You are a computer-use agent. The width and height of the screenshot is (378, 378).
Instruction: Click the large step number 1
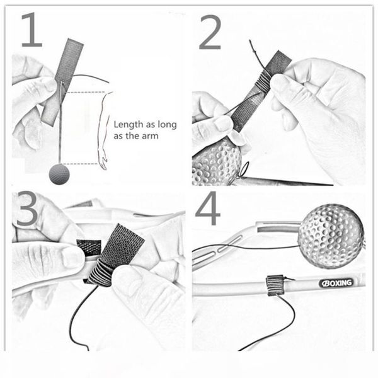[32, 30]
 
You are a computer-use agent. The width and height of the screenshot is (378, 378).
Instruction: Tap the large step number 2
[210, 32]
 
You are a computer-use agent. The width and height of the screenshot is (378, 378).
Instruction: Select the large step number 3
[27, 209]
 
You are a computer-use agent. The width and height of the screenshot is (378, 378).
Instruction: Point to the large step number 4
[208, 208]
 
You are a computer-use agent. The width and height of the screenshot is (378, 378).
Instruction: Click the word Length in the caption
[128, 125]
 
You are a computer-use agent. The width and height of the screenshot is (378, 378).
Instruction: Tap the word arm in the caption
[150, 137]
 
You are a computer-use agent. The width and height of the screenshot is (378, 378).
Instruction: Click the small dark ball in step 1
[59, 174]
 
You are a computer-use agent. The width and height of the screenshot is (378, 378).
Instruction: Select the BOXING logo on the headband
[336, 283]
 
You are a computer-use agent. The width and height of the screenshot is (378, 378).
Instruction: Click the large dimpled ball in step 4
[331, 236]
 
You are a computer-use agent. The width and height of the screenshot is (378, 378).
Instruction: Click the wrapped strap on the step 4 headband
[275, 285]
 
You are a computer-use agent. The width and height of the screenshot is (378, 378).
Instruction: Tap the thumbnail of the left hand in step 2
[223, 123]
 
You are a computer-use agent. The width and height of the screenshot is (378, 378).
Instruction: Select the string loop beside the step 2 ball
[244, 169]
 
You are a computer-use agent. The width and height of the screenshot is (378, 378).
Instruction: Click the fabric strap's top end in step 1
[76, 41]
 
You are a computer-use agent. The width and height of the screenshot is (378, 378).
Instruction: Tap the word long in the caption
[167, 125]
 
